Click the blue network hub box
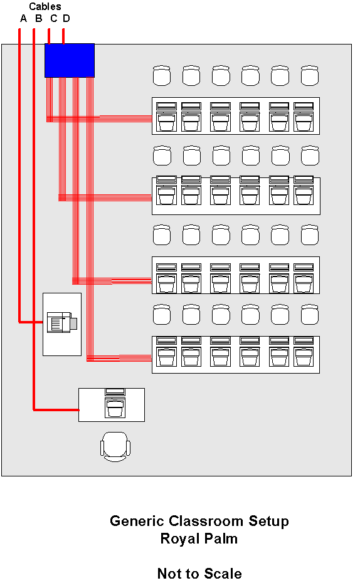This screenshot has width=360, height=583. tap(70, 61)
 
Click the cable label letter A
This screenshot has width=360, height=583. tap(23, 19)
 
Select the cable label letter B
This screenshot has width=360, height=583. tap(39, 19)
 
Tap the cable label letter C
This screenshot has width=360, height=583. tap(54, 19)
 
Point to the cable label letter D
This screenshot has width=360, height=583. tap(66, 19)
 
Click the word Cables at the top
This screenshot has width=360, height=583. tap(45, 6)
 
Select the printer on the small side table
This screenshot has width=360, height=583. tap(62, 322)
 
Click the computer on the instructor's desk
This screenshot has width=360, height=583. tap(115, 404)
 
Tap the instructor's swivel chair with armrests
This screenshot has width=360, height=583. tap(115, 446)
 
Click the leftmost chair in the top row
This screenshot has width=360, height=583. tap(162, 75)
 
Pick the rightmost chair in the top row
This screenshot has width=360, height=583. tap(309, 75)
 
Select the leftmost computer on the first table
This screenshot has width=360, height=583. tap(166, 117)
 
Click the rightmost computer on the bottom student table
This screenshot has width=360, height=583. tap(304, 352)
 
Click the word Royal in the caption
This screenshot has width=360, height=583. tap(177, 538)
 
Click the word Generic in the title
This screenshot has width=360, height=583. tap(137, 521)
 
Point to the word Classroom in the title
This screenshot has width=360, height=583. tap(206, 521)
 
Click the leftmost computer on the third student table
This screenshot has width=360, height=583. tap(166, 278)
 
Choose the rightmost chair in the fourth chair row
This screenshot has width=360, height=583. tap(309, 315)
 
